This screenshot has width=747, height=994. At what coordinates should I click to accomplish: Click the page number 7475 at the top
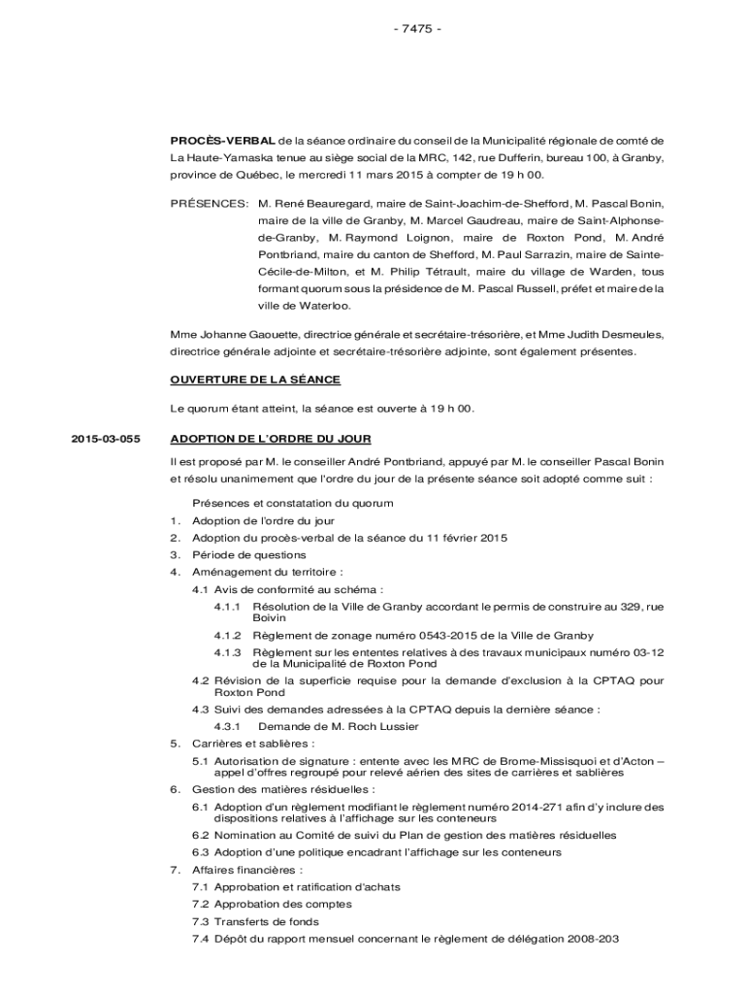click(x=417, y=27)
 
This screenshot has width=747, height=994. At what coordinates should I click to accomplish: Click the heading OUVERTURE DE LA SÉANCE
click(x=255, y=379)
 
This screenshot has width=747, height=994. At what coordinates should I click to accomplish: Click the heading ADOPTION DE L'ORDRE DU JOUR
click(x=270, y=439)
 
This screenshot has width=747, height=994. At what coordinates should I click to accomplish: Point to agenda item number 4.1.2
click(x=227, y=636)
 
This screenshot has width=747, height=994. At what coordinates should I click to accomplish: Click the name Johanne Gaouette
click(x=237, y=335)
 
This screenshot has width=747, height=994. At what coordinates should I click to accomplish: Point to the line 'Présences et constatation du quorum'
click(x=292, y=503)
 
